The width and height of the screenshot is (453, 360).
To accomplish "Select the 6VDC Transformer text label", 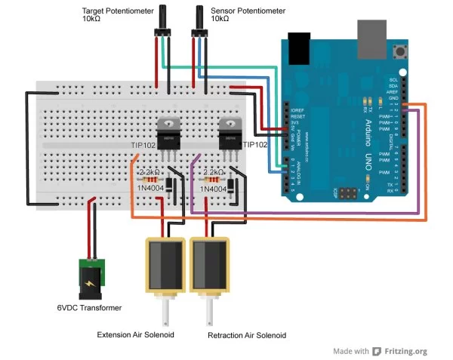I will point(89,308).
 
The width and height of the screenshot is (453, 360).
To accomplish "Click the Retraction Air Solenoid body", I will point(209,266).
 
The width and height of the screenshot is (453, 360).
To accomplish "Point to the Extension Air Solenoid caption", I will point(140,334).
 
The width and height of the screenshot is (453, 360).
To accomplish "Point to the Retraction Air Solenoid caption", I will point(247,334).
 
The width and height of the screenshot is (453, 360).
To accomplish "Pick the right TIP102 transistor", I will point(229,137).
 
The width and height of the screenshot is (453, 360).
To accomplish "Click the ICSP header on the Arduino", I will point(349,194).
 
